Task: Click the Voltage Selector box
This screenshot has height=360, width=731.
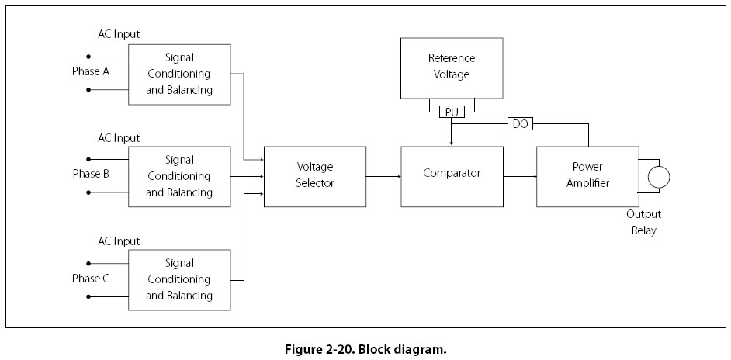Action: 315,176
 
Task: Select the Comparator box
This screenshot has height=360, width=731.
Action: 452,176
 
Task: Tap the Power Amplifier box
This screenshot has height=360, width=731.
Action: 587,176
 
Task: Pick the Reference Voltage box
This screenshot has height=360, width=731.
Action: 452,67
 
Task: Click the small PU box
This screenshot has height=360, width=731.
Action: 452,112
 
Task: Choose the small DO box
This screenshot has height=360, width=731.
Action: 520,123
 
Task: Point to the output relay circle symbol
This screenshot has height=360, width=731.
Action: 659,176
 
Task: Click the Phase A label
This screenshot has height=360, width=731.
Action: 92,71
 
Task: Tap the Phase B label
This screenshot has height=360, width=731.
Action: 91,175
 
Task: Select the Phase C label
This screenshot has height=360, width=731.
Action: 91,278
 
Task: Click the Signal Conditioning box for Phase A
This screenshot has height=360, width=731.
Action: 178,74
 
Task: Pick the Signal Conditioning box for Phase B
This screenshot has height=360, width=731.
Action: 178,176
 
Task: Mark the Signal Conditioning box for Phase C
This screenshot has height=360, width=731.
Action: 178,279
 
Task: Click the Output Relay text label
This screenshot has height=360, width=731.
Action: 643,223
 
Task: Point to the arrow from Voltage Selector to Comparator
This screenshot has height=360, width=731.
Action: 383,176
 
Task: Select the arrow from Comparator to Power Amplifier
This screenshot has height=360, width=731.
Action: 519,176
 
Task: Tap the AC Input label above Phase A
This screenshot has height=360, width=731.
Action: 119,34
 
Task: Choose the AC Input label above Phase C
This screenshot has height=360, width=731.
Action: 119,241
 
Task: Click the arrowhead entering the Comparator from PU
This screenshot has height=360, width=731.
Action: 452,143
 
